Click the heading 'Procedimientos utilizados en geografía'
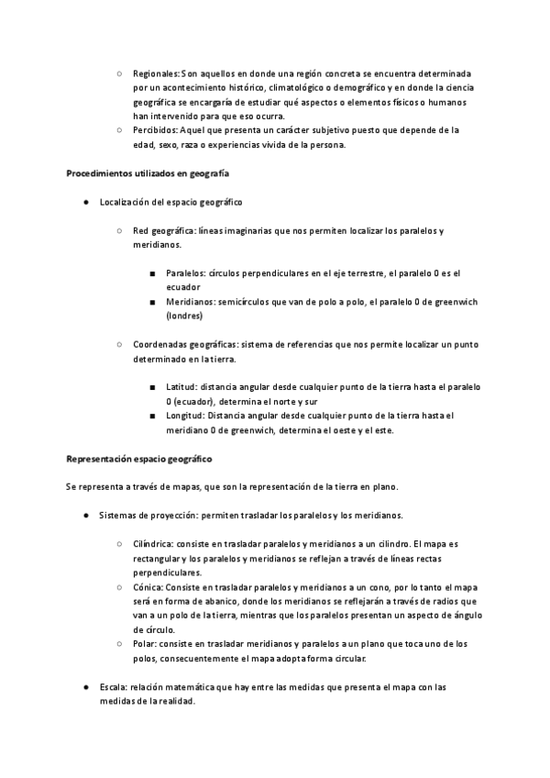(148, 172)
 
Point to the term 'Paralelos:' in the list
(186, 273)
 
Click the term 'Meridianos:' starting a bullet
(190, 302)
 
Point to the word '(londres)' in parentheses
(186, 316)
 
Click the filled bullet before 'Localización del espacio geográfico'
(83, 201)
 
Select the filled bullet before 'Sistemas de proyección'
(83, 515)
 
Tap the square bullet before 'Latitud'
(152, 387)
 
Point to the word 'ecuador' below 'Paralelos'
(184, 287)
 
